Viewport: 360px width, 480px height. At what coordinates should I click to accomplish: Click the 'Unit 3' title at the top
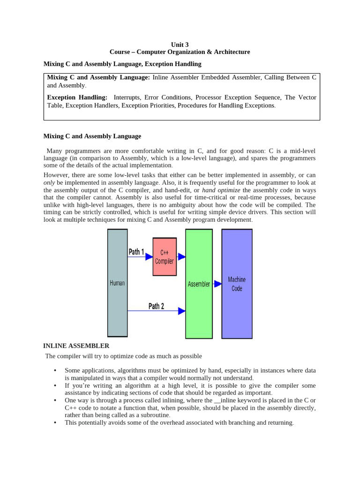click(180, 45)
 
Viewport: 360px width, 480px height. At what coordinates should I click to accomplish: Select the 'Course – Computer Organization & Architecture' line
click(180, 52)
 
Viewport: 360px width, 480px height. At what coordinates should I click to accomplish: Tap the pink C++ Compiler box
click(165, 257)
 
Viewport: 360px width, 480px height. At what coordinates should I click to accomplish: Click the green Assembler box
click(199, 284)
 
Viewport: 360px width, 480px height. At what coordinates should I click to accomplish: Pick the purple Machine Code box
click(237, 284)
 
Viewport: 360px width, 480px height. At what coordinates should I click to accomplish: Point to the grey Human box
click(117, 283)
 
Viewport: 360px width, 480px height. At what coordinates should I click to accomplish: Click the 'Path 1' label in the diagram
click(136, 252)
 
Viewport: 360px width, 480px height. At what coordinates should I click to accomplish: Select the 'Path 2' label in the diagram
click(156, 306)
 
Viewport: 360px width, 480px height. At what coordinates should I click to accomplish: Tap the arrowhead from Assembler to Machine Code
click(217, 284)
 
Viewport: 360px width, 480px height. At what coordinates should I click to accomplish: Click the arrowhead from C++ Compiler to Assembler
click(181, 256)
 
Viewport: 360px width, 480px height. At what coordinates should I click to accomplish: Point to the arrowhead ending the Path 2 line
click(181, 310)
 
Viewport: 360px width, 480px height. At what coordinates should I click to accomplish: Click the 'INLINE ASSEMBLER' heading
click(76, 346)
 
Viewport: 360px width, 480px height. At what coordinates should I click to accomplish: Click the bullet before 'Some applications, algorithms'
click(55, 371)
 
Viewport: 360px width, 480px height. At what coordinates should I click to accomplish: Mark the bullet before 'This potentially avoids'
click(55, 423)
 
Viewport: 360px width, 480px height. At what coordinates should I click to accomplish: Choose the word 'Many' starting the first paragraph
click(55, 150)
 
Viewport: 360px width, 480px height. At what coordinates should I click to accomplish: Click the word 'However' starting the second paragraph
click(56, 175)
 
